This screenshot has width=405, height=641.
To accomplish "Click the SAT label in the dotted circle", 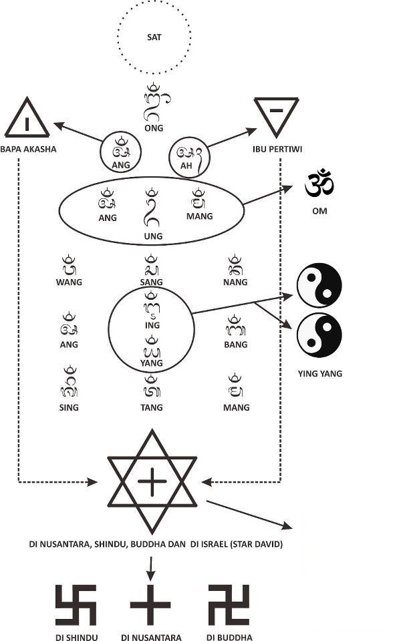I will (x=154, y=37).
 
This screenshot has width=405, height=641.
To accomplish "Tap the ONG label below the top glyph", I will (x=154, y=128).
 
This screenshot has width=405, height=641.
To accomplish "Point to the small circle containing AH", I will (x=190, y=158).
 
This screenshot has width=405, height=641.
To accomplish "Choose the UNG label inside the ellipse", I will (x=153, y=236).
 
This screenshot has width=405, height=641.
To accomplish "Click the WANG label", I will (x=69, y=282).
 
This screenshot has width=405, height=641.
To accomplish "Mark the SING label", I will (x=68, y=407).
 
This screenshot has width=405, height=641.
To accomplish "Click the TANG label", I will (x=152, y=407).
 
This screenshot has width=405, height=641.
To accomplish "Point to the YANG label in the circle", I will (x=152, y=363).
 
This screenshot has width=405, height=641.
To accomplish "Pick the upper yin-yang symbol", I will (x=319, y=285).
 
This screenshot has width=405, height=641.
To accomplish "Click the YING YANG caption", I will (x=319, y=374).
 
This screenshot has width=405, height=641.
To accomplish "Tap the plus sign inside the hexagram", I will (x=153, y=481).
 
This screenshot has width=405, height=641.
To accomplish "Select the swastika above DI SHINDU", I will (x=76, y=605).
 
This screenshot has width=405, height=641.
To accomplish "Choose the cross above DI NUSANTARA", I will (x=150, y=605).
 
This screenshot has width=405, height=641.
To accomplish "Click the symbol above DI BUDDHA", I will (x=229, y=605).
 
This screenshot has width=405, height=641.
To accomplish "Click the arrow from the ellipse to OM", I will (x=267, y=196).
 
